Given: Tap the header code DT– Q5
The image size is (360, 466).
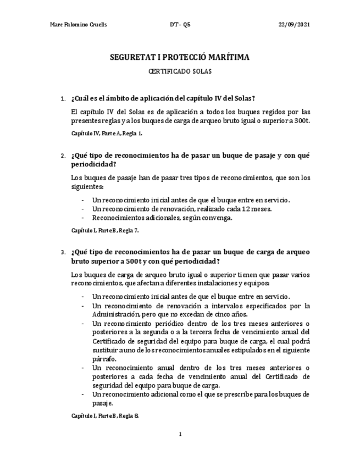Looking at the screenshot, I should [x=180, y=25].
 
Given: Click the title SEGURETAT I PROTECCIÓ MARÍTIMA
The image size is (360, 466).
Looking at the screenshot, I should [x=180, y=57].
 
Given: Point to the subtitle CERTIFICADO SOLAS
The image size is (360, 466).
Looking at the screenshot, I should [x=180, y=71].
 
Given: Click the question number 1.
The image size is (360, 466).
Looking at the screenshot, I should [x=62, y=99].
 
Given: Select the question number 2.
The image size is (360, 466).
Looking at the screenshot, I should [x=62, y=156].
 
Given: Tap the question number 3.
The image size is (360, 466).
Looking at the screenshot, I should [x=62, y=252].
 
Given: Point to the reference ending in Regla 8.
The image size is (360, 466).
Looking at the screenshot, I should [x=105, y=416].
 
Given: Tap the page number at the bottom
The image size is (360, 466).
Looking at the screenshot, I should [x=180, y=434].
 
